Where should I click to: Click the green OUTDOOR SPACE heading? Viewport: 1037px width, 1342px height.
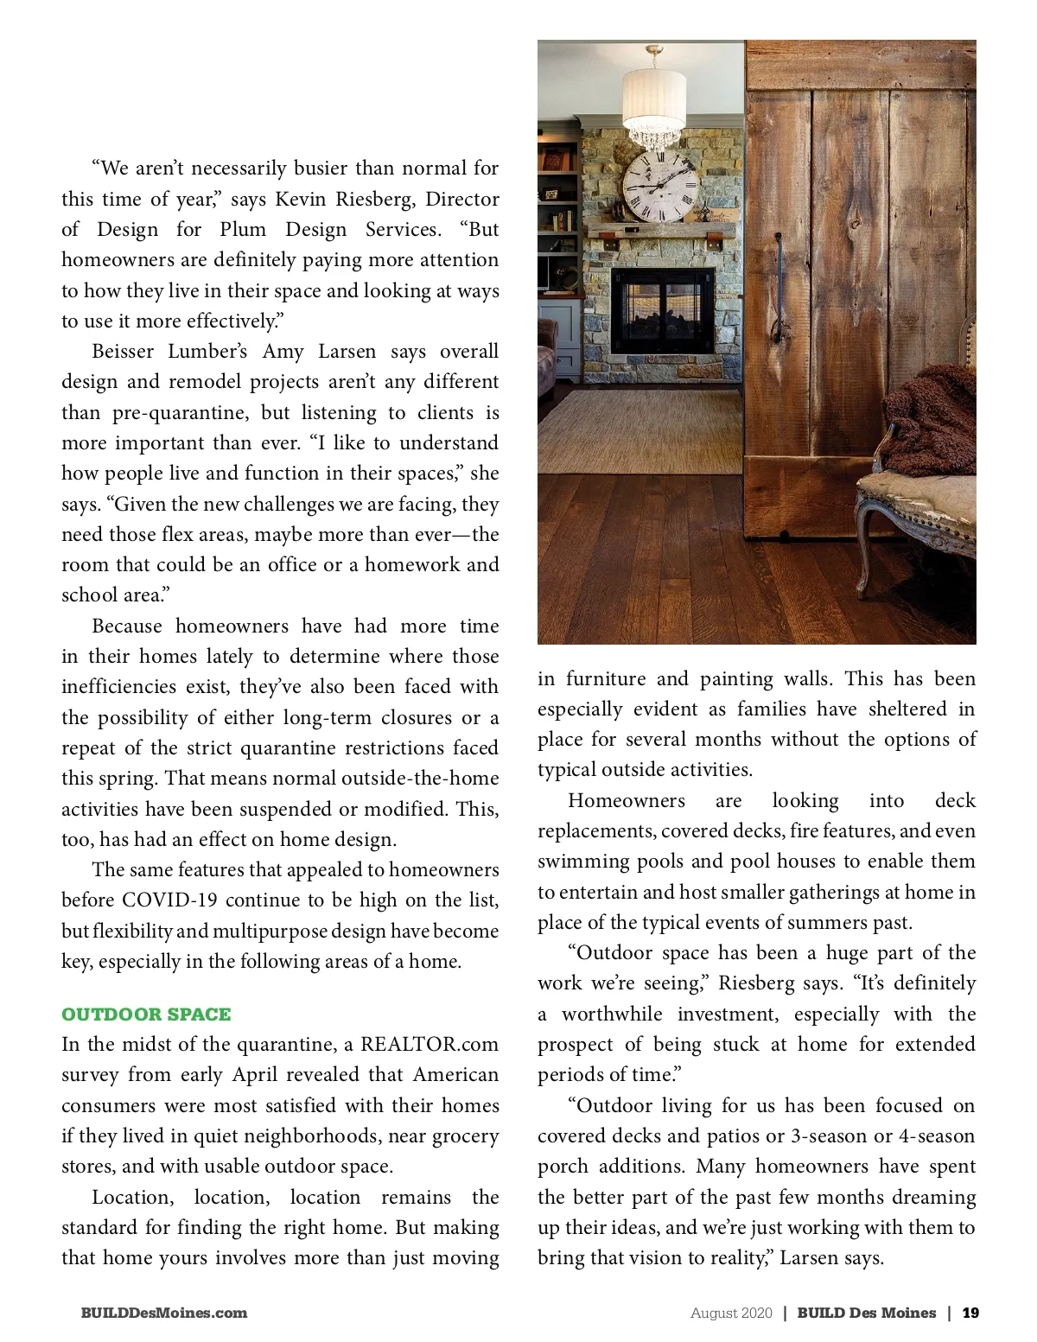[146, 1014]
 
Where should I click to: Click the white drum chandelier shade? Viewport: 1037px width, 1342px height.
[654, 95]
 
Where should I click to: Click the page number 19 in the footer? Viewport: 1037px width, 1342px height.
[970, 1313]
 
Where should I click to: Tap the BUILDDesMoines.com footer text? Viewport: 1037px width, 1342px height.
[164, 1313]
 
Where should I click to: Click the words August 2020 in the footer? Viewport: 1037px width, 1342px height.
[731, 1313]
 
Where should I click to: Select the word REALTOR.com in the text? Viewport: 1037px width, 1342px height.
[429, 1044]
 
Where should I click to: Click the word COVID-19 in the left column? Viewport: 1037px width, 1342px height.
[169, 900]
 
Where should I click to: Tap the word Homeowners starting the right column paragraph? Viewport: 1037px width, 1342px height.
[627, 800]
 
